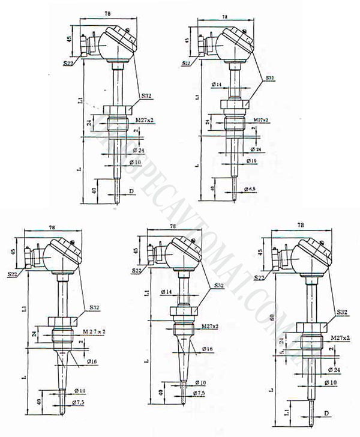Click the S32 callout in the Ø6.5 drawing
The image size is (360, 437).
271,78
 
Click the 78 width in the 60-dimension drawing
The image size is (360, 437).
301,225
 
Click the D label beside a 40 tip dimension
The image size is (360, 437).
131,191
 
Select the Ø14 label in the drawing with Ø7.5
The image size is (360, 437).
166,291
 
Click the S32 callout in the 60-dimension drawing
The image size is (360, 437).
341,312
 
